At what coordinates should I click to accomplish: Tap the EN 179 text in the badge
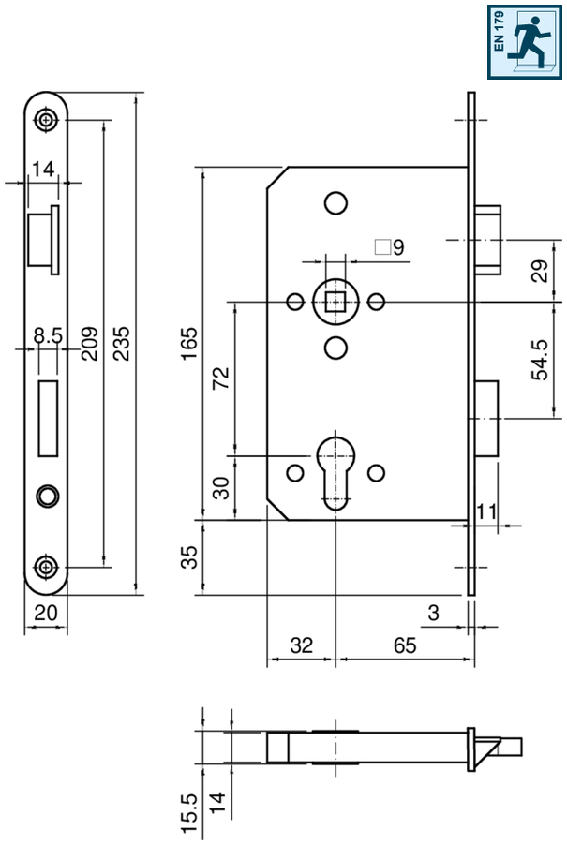pyautogui.click(x=499, y=31)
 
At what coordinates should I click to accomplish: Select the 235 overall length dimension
pyautogui.click(x=122, y=343)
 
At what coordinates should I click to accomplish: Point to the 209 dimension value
pyautogui.click(x=89, y=343)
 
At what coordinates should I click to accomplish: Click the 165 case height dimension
pyautogui.click(x=189, y=343)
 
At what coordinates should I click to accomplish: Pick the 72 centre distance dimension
pyautogui.click(x=221, y=378)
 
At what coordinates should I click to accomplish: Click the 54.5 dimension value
pyautogui.click(x=540, y=360)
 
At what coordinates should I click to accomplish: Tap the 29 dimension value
pyautogui.click(x=540, y=271)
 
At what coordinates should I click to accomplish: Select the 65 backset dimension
pyautogui.click(x=405, y=645)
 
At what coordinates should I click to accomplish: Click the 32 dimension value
pyautogui.click(x=301, y=645)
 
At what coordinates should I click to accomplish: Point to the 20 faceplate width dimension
pyautogui.click(x=45, y=613)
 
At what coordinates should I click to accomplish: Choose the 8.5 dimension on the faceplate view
pyautogui.click(x=48, y=335)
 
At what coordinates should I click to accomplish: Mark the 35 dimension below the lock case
pyautogui.click(x=189, y=557)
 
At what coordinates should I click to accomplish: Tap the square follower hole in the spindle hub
pyautogui.click(x=336, y=302)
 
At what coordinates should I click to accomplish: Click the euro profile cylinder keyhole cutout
pyautogui.click(x=336, y=472)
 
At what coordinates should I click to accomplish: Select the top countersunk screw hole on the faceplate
pyautogui.click(x=46, y=120)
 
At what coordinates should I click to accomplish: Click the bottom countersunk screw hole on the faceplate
pyautogui.click(x=46, y=567)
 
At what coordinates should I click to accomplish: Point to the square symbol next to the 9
pyautogui.click(x=382, y=246)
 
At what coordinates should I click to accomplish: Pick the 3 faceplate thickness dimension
pyautogui.click(x=433, y=613)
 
